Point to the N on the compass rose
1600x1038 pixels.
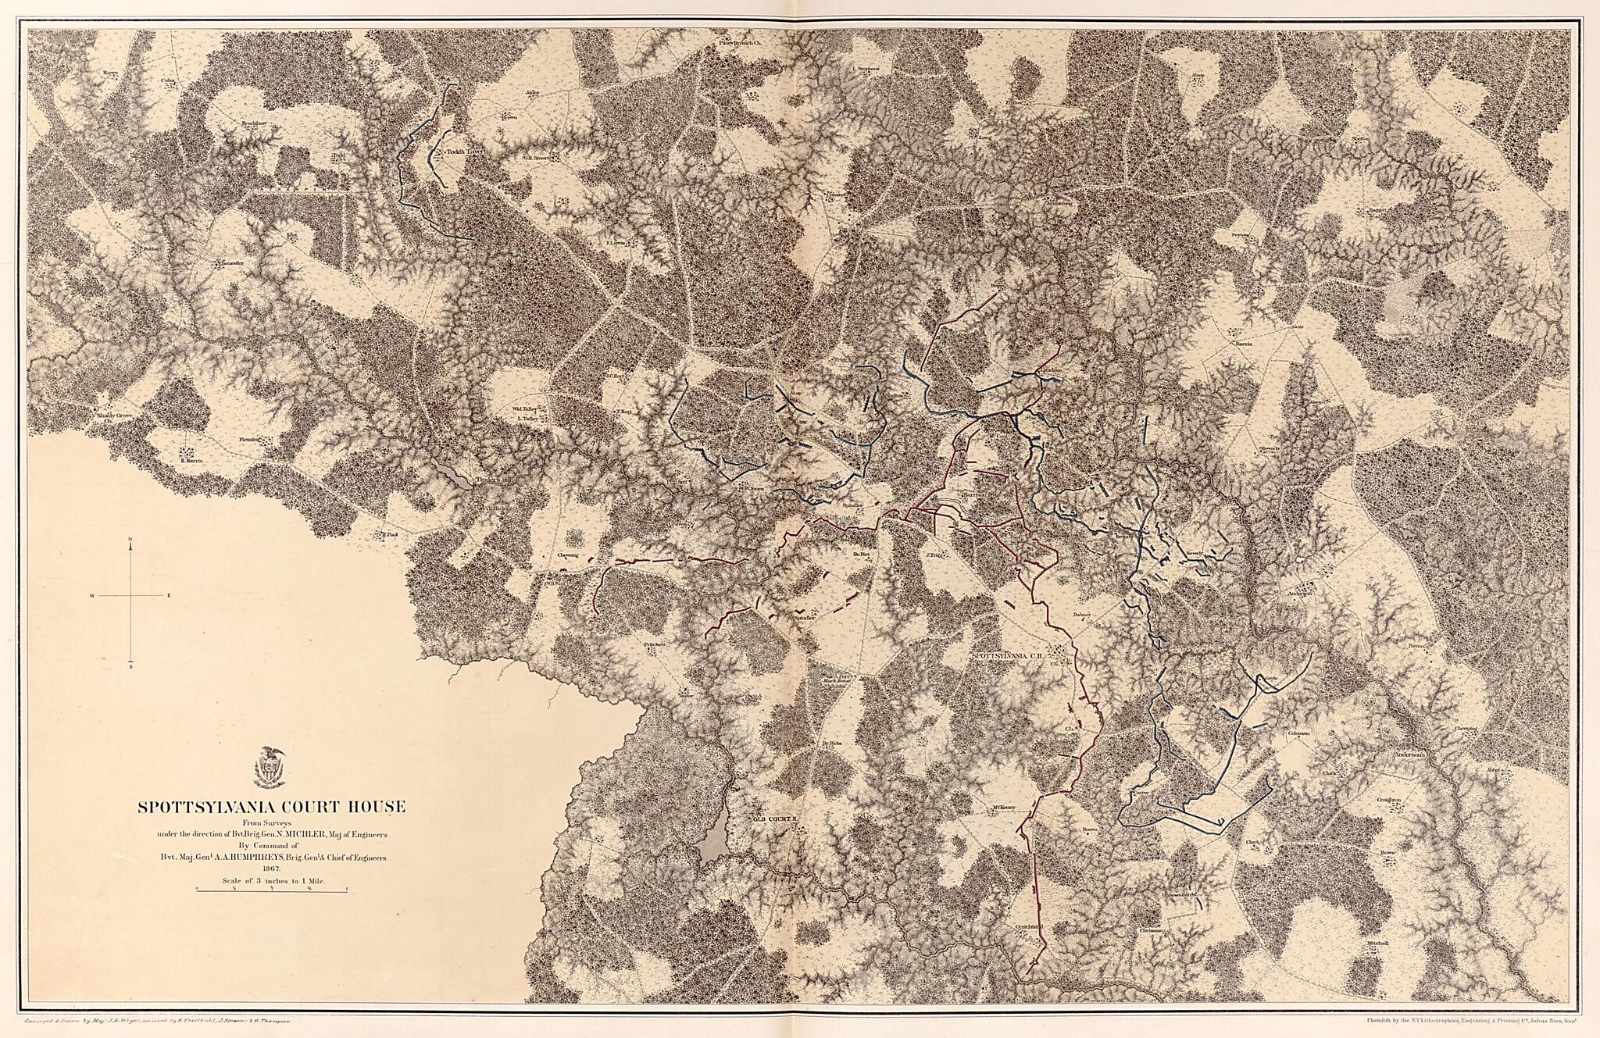tap(130, 540)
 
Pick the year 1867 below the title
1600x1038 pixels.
tap(271, 868)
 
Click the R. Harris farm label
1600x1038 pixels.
tap(191, 461)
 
